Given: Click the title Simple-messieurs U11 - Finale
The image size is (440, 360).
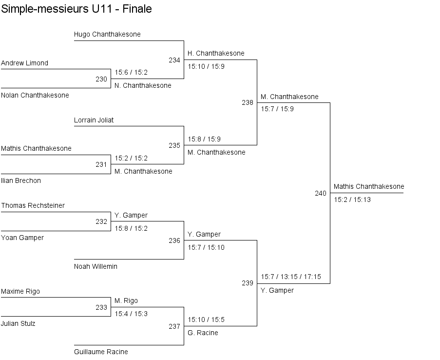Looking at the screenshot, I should (x=77, y=9).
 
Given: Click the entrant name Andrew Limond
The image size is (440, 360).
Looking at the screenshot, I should (x=24, y=63).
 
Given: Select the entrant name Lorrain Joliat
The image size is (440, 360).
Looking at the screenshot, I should (x=94, y=120).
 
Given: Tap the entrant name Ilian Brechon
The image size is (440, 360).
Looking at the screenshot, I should (x=21, y=180).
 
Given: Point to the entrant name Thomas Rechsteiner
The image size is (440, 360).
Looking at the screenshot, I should (x=33, y=205).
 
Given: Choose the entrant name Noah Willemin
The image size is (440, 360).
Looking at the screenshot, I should (x=96, y=266).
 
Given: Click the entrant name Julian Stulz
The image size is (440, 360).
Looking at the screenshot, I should (x=18, y=323).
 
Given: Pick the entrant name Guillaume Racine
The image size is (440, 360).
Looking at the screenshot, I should (x=101, y=352).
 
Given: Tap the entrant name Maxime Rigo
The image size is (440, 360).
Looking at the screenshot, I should (x=20, y=291).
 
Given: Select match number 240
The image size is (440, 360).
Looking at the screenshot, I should (x=321, y=193).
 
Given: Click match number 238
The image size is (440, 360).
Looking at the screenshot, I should (x=248, y=102).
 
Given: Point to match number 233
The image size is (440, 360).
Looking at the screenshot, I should (x=101, y=307).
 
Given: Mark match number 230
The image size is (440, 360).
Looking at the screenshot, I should (x=101, y=79).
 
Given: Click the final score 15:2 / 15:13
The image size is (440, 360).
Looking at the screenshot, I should (x=352, y=200).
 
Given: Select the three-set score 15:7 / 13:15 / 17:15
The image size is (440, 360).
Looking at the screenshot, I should (x=291, y=277).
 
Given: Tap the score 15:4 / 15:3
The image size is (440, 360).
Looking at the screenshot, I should (x=131, y=314).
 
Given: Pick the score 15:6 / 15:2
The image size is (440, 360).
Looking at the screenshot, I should (x=131, y=72).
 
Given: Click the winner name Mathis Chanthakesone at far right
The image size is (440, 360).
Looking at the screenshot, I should (x=369, y=186).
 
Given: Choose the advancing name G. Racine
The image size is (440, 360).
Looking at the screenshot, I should (x=203, y=333).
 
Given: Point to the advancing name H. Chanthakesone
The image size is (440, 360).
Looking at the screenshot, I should (x=216, y=53).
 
